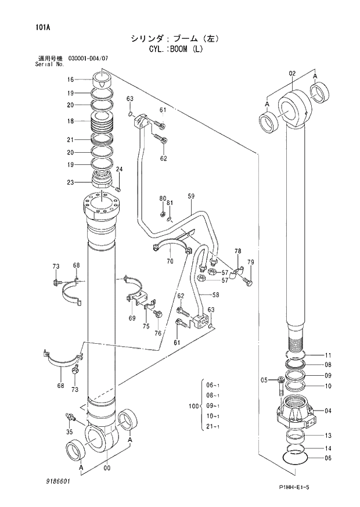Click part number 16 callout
pyautogui.click(x=70, y=80)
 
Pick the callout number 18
pyautogui.click(x=70, y=121)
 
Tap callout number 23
pyautogui.click(x=70, y=182)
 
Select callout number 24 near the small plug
pyautogui.click(x=120, y=170)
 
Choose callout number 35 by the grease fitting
pyautogui.click(x=69, y=432)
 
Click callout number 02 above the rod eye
pyautogui.click(x=292, y=73)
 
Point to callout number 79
pyautogui.click(x=250, y=263)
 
